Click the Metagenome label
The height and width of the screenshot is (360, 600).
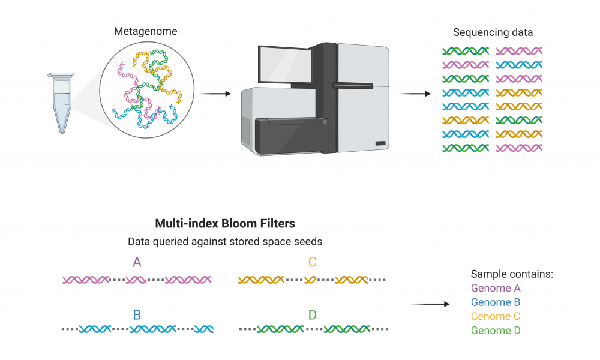pyautogui.click(x=145, y=31)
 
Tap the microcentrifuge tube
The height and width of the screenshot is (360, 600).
pyautogui.click(x=61, y=103)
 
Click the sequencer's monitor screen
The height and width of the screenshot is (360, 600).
pyautogui.click(x=285, y=65)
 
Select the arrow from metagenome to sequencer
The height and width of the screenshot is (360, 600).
pyautogui.click(x=215, y=94)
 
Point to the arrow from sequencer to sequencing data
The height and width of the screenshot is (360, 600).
pyautogui.click(x=415, y=94)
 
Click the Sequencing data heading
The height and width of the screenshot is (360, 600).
pyautogui.click(x=493, y=32)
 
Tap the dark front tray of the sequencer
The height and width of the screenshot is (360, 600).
pyautogui.click(x=292, y=135)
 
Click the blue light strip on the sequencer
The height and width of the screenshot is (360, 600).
pyautogui.click(x=352, y=86)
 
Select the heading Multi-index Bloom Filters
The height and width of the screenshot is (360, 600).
pyautogui.click(x=225, y=223)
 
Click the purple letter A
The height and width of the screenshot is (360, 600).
pyautogui.click(x=137, y=262)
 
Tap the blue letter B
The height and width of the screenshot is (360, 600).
pyautogui.click(x=137, y=315)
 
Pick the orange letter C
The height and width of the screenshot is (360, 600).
pyautogui.click(x=313, y=262)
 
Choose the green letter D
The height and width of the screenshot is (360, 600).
pyautogui.click(x=313, y=315)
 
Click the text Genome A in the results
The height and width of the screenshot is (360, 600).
pyautogui.click(x=496, y=288)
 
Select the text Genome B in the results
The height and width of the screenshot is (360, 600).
pyautogui.click(x=496, y=302)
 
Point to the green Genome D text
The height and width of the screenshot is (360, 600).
pyautogui.click(x=496, y=331)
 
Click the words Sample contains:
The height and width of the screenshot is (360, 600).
pyautogui.click(x=512, y=274)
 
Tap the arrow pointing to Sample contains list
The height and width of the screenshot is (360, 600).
pyautogui.click(x=430, y=304)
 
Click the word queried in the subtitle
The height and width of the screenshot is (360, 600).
pyautogui.click(x=172, y=242)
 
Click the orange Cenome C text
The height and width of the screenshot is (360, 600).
pyautogui.click(x=496, y=316)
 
